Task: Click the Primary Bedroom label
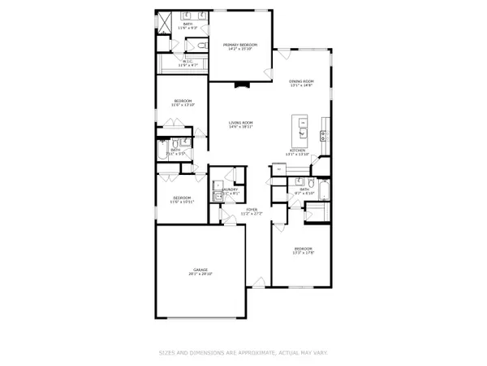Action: [239, 45]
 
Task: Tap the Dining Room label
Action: [302, 81]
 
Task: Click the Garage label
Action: [200, 270]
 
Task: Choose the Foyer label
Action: [252, 210]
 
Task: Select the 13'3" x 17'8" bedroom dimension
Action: [303, 252]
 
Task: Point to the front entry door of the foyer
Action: [258, 281]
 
